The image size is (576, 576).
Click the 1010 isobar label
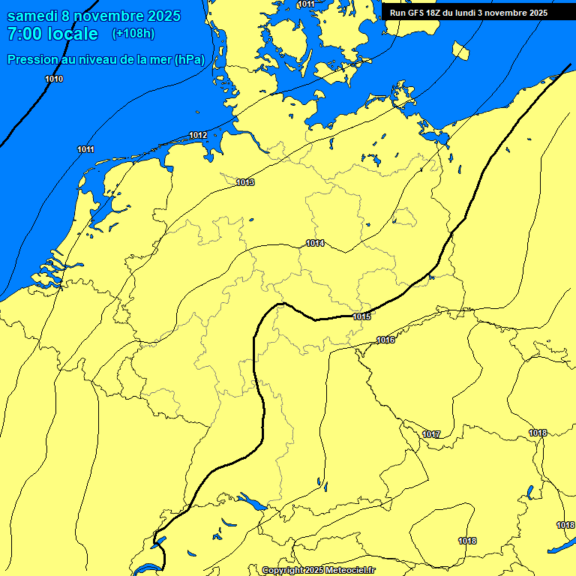(54, 79)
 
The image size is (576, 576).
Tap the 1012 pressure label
(198, 135)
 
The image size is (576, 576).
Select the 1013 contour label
(245, 182)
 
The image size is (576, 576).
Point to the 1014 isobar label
(315, 243)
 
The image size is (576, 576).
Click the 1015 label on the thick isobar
(361, 316)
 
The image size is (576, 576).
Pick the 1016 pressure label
(385, 340)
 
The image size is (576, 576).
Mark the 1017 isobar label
(431, 434)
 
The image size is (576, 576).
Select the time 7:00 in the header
(23, 34)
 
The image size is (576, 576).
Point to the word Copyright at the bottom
(283, 570)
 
